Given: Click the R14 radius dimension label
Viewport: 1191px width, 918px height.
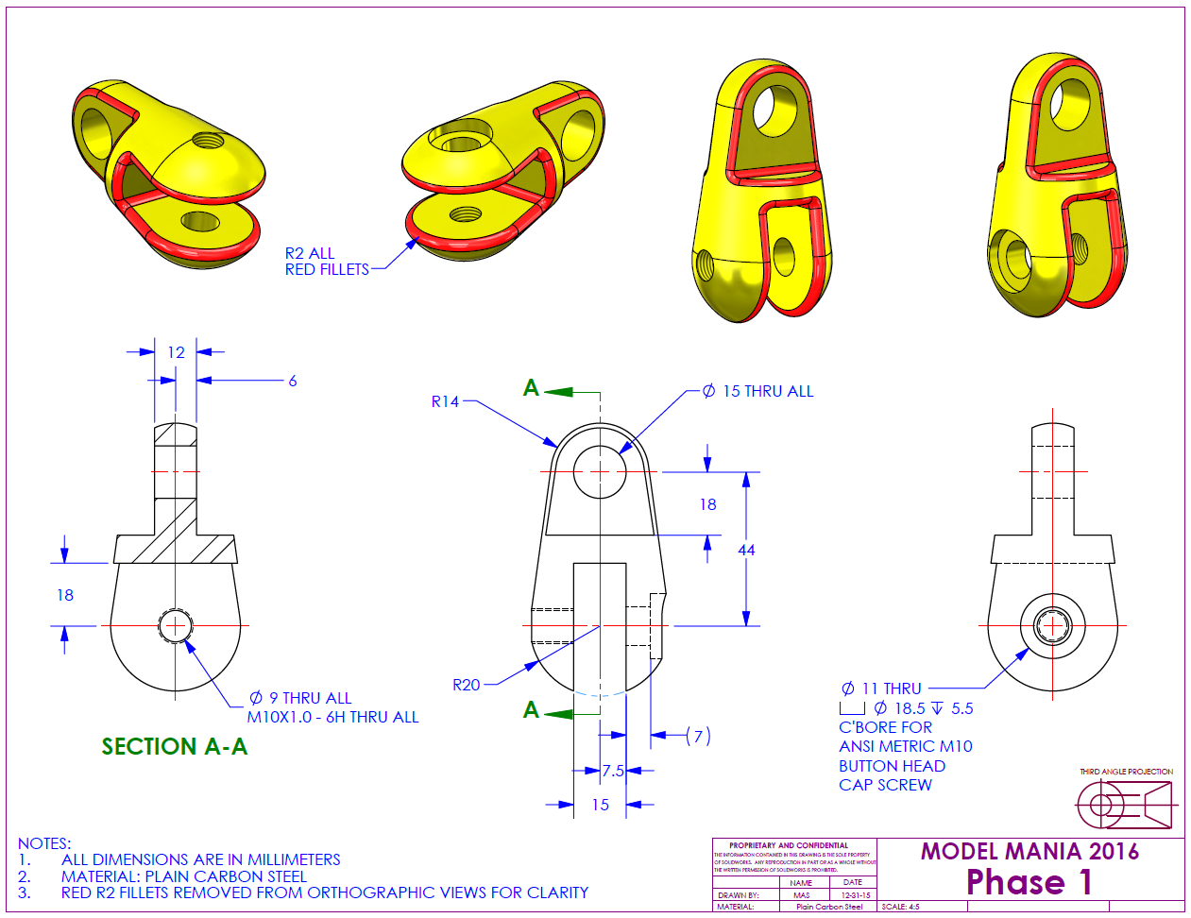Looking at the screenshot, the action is point(445,401).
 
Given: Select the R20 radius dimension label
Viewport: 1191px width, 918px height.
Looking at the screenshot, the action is point(467,685).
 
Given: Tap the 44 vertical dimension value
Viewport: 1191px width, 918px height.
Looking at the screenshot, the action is point(746,550).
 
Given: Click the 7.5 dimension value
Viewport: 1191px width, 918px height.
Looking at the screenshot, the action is point(613,771).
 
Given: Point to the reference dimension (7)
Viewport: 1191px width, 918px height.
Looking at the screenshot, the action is point(698,736).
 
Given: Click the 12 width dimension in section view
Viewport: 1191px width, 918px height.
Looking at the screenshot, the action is point(176,352).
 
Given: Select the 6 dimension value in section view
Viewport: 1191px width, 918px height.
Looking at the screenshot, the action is point(293,381).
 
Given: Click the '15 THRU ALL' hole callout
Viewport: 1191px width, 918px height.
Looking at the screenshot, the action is point(758,391).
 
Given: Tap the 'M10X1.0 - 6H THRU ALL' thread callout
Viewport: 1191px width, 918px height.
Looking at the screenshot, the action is point(332,717).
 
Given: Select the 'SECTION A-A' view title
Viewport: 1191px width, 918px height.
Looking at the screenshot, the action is point(175,747).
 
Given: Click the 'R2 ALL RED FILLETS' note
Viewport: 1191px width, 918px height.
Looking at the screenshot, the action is point(327,262).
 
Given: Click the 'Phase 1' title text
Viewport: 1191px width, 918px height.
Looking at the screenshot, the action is point(1029,882).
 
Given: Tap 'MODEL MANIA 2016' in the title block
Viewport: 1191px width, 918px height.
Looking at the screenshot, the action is point(1029,851).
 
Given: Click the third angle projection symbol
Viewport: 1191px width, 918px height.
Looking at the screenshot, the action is point(1124,806).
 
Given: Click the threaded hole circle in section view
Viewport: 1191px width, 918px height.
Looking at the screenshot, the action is point(175,625).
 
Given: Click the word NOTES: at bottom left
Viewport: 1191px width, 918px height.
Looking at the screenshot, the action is point(44,843).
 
